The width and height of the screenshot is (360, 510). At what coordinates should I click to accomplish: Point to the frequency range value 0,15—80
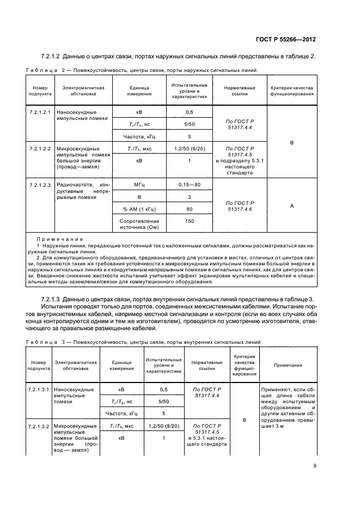tap(189, 185)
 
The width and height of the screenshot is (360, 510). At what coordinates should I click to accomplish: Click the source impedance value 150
tap(189, 221)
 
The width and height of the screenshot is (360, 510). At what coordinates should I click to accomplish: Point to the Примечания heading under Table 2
tap(59, 239)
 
